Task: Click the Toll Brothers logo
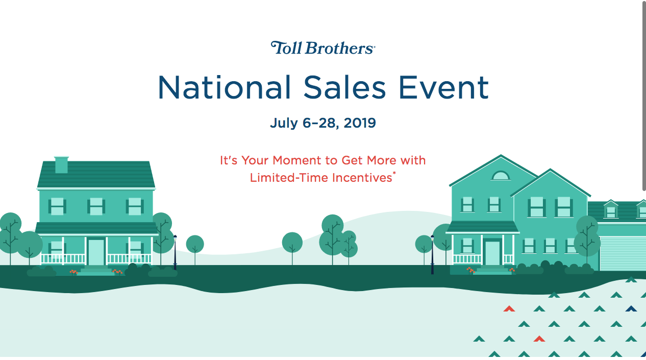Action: pos(323,48)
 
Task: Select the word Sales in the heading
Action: pos(344,87)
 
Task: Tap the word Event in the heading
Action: pos(443,87)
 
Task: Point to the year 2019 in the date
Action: pos(360,123)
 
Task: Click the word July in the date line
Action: pos(283,123)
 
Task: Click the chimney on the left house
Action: pos(61,164)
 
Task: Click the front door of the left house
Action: pos(96,252)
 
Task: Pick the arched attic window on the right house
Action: pos(501,176)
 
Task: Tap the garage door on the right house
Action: pos(623,253)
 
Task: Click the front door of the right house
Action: pos(492,252)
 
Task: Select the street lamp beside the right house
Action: pos(432,254)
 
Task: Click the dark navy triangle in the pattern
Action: pos(631,308)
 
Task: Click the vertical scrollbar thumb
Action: pos(643,97)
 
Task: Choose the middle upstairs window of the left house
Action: pos(96,206)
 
